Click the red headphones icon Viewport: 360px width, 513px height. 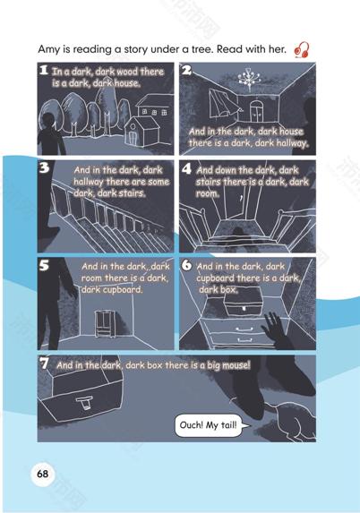coord(302,50)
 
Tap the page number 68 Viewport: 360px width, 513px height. coord(43,474)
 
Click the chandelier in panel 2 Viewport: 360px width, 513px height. coord(249,79)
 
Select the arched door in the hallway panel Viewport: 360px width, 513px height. coord(256,111)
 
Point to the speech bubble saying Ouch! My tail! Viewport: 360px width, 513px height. coord(210,425)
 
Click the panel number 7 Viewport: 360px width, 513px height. coord(44,363)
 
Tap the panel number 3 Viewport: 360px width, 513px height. coord(44,167)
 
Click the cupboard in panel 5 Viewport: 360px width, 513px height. coord(105,323)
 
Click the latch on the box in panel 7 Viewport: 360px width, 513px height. coord(85,402)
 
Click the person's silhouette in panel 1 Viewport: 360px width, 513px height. coord(50,133)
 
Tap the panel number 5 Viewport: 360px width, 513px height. coord(44,265)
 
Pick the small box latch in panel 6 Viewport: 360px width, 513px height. coord(244,308)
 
